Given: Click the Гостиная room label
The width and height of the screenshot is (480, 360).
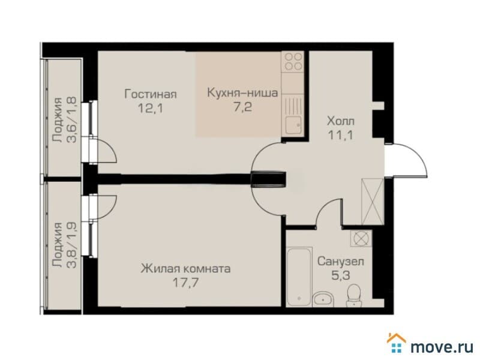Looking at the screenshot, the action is pos(151,94).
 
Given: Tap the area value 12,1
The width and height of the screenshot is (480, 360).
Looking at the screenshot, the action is pos(151,108).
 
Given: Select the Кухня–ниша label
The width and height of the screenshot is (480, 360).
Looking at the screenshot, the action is pos(242,92).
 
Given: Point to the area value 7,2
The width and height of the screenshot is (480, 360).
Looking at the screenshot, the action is pos(242,107).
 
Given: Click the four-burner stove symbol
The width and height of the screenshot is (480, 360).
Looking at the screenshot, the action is pos(293,61).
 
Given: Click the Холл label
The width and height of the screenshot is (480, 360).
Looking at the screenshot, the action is pos(341,121).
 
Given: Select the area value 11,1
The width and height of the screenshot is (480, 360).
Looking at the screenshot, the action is pos(341,135).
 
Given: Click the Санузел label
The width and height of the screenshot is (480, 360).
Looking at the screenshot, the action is pos(340,262).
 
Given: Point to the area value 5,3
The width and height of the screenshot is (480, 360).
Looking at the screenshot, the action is pos(340,275).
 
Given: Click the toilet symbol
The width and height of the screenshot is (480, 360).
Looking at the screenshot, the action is pos(354,295).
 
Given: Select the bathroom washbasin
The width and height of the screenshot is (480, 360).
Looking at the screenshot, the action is pos(322,299).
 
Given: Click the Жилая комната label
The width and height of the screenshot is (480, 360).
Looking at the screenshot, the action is pos(185,269).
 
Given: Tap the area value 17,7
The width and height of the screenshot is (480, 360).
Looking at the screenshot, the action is pos(185,283).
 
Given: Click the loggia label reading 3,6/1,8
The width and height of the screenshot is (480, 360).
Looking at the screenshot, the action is pos(64,119).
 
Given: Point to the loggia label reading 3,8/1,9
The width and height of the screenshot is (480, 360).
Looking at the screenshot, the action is pos(64,245).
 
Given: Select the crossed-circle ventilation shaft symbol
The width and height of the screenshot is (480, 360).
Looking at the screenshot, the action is pos(361,238).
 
